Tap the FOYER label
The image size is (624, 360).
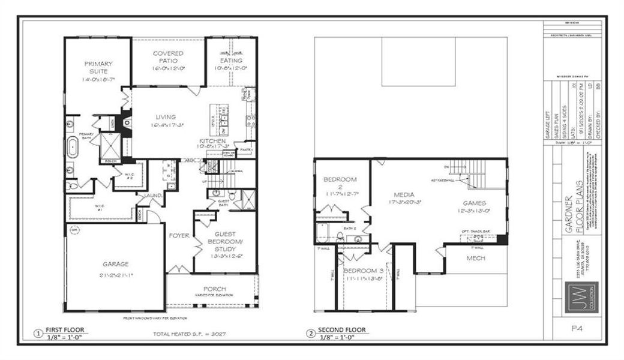point(179,235)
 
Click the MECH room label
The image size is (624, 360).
point(476,259)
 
